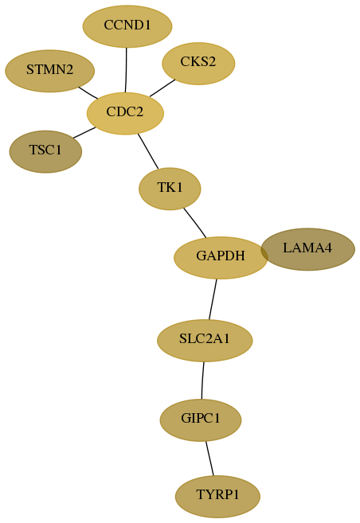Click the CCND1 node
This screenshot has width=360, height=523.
click(x=127, y=26)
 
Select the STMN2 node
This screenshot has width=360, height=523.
click(x=49, y=71)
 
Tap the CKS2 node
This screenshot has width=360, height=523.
click(x=198, y=64)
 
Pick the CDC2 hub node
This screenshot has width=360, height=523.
click(x=125, y=113)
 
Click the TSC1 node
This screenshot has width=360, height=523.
click(x=45, y=152)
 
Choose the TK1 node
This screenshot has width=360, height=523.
click(x=170, y=189)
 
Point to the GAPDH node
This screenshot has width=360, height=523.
click(x=221, y=257)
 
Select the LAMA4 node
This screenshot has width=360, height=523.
click(x=307, y=249)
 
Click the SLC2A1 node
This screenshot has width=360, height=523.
click(x=205, y=340)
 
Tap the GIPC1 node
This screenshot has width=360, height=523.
click(x=201, y=420)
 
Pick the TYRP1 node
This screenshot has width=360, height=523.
click(x=217, y=496)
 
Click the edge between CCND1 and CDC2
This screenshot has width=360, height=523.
click(x=126, y=70)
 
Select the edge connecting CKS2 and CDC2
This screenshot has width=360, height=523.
click(x=162, y=88)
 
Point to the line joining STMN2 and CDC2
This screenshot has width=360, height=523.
click(x=88, y=92)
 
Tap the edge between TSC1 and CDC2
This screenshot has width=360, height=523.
click(x=84, y=132)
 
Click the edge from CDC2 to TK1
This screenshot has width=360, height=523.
click(x=148, y=151)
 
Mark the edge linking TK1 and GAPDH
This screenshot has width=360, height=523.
click(x=195, y=223)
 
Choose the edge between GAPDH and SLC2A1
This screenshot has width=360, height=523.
click(x=213, y=299)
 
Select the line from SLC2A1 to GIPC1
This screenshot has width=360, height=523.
click(x=202, y=381)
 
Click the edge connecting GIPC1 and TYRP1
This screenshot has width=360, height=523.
click(x=209, y=459)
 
